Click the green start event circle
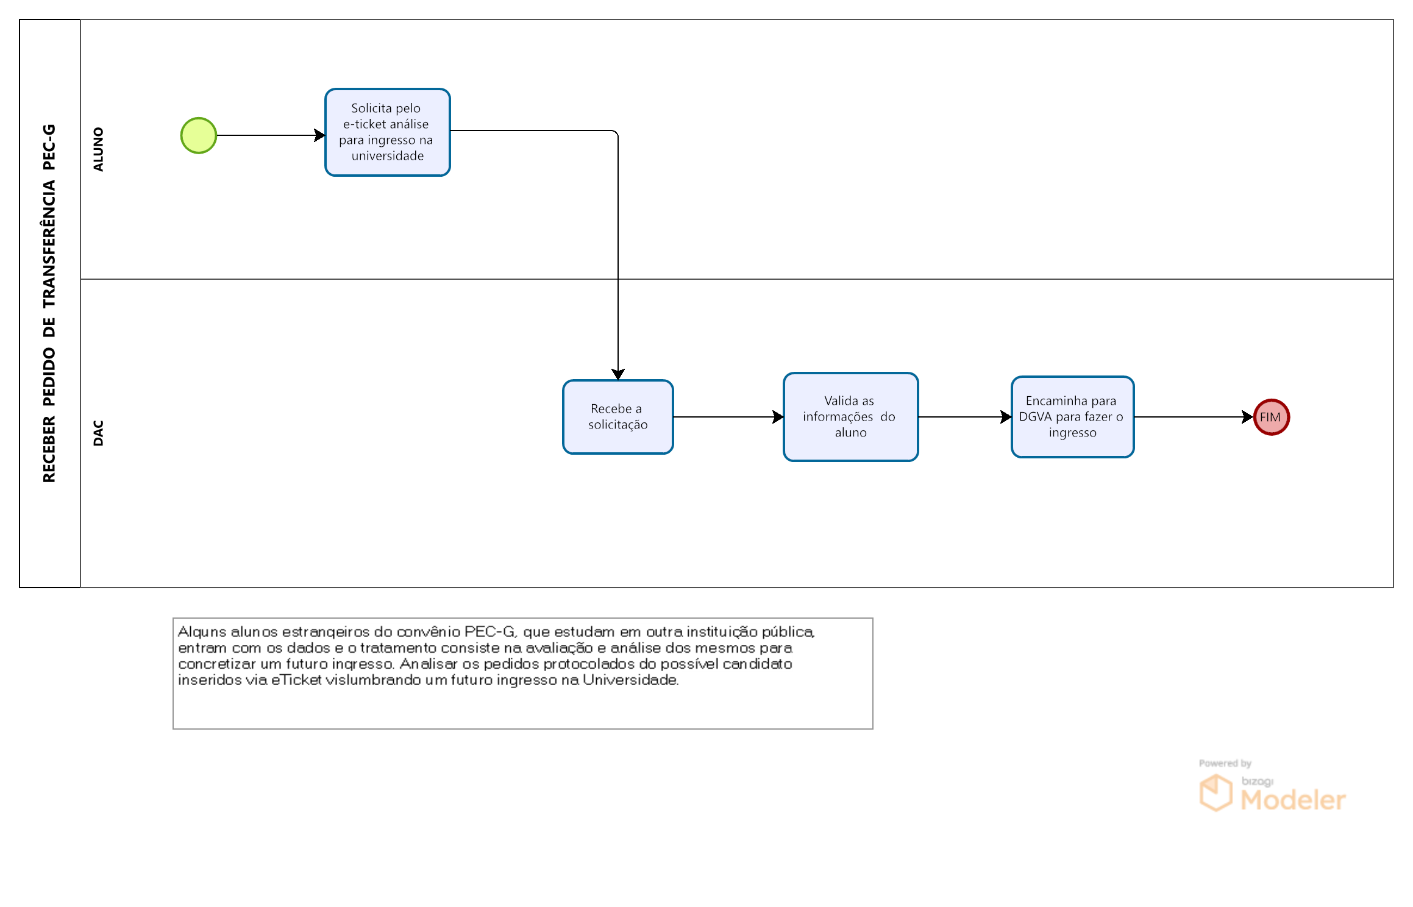(199, 135)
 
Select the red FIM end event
(1271, 417)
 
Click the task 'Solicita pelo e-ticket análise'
(388, 132)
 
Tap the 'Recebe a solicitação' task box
(618, 417)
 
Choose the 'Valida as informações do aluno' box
(850, 417)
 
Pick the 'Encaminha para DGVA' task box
(1072, 417)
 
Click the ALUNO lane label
(98, 149)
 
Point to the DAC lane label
(98, 433)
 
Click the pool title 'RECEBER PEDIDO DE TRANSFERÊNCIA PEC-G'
(49, 304)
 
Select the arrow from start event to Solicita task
(271, 135)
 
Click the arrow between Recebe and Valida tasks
(728, 417)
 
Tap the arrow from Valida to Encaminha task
(965, 417)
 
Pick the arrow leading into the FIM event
(1194, 417)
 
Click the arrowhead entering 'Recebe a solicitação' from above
(618, 374)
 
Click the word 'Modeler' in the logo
(1293, 800)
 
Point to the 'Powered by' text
(1225, 763)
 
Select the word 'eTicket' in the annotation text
(296, 680)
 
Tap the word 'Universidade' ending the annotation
(630, 680)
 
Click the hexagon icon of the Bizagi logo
(1215, 792)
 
